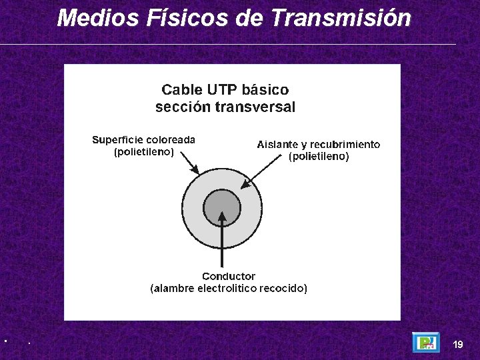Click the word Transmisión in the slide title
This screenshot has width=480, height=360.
coord(341,18)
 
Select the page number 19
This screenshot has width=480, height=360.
coord(457,345)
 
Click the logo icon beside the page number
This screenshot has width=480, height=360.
coord(425,343)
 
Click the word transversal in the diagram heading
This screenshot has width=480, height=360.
coord(255,107)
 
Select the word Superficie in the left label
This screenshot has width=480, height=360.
coord(118,140)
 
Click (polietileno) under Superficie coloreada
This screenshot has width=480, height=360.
coord(144,152)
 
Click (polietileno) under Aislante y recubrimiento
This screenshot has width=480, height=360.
coord(319,157)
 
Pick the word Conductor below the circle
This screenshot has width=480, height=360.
coord(229,276)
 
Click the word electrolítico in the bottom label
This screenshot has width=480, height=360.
coord(227,289)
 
